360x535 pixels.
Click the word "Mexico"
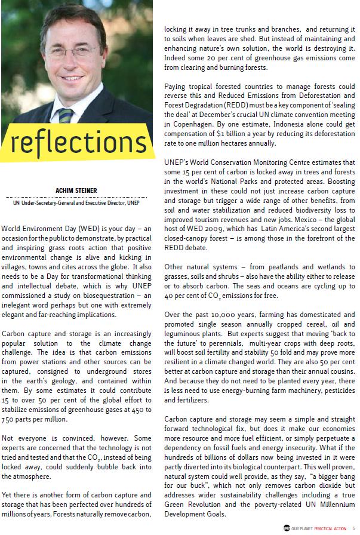[x=315, y=220]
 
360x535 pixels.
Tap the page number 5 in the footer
[x=354, y=528]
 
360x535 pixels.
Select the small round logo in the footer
[x=287, y=528]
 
